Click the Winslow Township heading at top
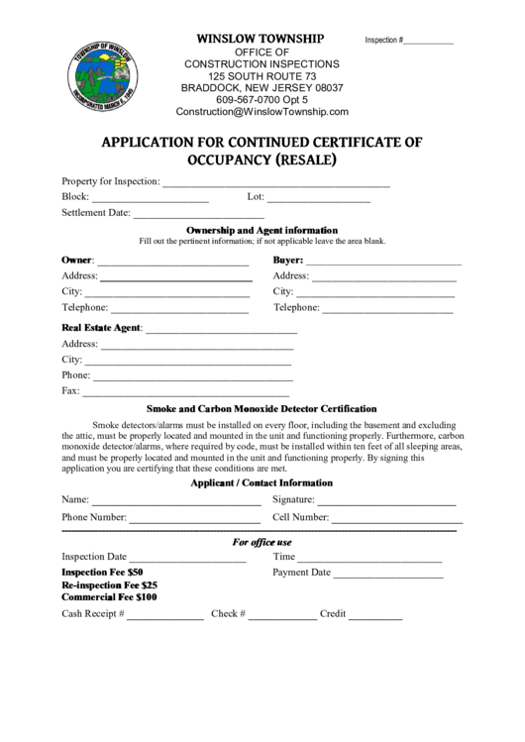tap(260, 38)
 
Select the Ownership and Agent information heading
tap(262, 230)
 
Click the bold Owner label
tap(76, 261)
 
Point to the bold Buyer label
tap(287, 261)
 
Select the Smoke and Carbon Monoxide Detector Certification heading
tap(262, 408)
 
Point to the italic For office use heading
tap(262, 542)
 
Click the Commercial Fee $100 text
tap(109, 597)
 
